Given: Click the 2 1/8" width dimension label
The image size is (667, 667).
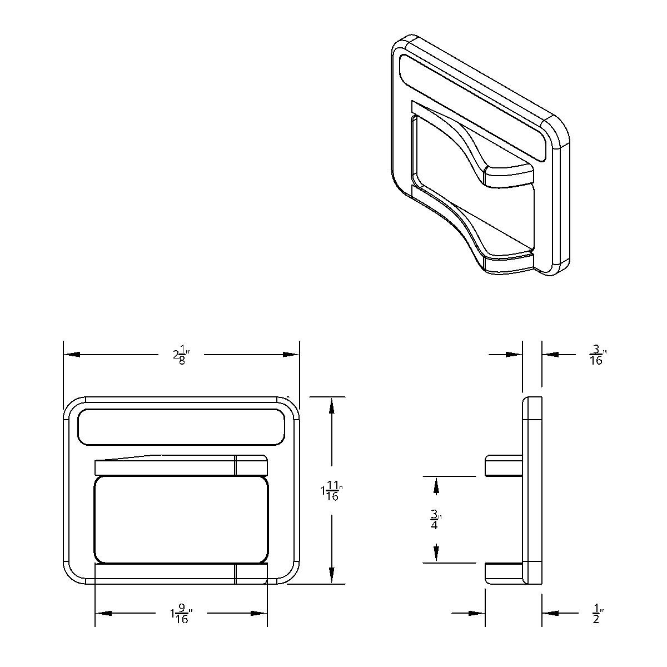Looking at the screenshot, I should coord(181,355).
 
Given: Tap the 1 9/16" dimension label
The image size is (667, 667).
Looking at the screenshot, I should coord(181,614).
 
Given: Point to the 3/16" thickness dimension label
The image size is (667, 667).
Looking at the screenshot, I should coord(597,355).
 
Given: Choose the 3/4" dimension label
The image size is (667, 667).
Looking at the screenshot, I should coord(435,519).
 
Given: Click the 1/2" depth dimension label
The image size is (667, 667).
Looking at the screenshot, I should coord(597,614).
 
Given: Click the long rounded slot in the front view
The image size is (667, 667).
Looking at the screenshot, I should coord(181,427).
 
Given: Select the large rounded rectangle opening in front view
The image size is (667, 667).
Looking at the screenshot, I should coord(181,519).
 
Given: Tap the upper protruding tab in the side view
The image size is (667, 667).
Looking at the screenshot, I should coord(504,466).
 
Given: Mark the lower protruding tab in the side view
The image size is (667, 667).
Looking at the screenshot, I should coord(504,573).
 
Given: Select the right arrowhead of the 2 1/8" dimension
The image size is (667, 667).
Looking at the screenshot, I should coord(291,355).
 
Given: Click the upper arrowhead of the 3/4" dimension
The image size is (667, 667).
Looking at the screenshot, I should coord(436,486).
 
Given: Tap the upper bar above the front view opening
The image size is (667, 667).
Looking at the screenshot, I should coord(181,466).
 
